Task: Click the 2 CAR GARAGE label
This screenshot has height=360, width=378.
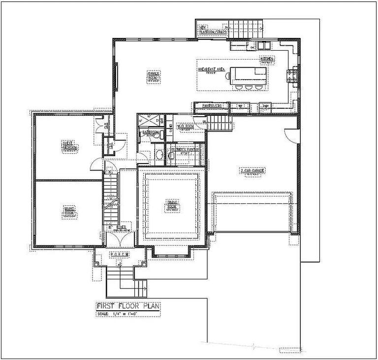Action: point(252,171)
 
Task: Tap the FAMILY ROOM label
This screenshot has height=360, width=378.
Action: point(154,76)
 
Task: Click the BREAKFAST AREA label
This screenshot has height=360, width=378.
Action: point(212,70)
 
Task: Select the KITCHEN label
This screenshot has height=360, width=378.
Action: point(267,60)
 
